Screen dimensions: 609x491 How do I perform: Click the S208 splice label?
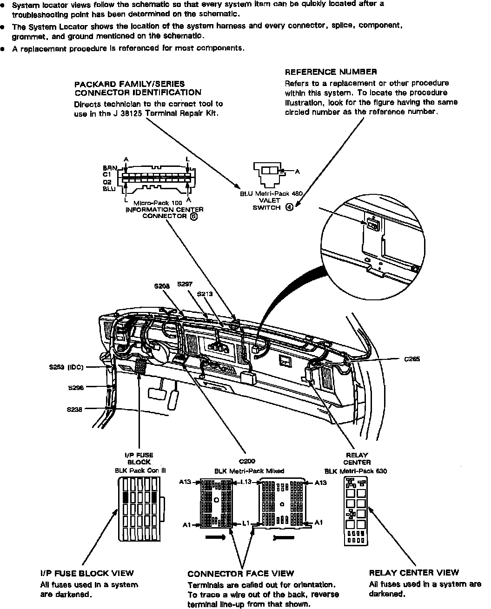tap(162, 286)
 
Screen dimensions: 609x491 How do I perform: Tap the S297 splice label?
tap(185, 284)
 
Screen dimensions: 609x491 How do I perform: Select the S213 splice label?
tap(205, 294)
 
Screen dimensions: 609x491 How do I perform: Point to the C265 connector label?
tap(412, 359)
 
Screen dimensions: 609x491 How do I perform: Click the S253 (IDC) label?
tap(66, 367)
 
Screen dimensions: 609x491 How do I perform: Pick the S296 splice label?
tap(75, 388)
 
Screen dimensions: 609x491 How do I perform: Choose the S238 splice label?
tap(75, 409)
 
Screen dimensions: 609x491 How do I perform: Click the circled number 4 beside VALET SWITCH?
tap(289, 208)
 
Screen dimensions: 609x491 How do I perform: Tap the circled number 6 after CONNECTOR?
tap(193, 216)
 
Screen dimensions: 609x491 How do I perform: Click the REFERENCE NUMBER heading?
tap(331, 72)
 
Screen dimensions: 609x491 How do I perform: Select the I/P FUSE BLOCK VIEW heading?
tap(87, 573)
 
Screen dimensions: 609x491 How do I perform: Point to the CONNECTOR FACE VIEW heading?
tap(240, 574)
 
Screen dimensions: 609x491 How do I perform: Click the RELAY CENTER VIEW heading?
tap(414, 573)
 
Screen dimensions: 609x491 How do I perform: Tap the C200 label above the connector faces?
tap(247, 462)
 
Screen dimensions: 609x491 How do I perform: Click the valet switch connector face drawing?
tap(268, 172)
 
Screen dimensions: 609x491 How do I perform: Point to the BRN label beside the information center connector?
tap(110, 168)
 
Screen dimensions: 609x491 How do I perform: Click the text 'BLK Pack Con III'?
tap(137, 470)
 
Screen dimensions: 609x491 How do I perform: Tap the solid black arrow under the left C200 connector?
tap(215, 537)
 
